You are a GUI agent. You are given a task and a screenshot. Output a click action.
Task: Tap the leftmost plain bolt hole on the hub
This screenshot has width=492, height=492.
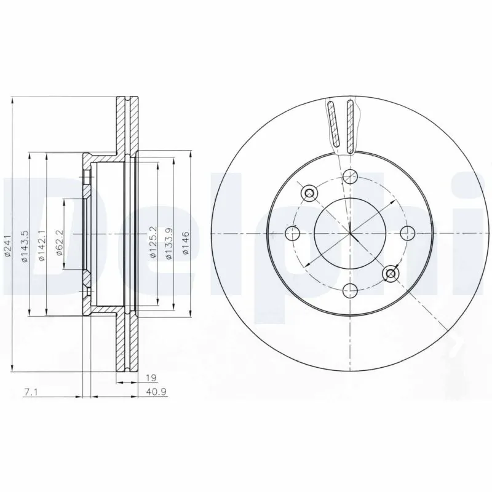(292, 232)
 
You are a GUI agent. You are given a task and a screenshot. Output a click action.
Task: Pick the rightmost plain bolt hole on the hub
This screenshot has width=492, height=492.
(406, 232)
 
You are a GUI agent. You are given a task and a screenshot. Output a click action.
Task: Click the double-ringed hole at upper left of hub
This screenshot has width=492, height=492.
(309, 192)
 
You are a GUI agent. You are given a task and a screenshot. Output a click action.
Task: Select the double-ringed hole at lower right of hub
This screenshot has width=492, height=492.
(389, 272)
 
